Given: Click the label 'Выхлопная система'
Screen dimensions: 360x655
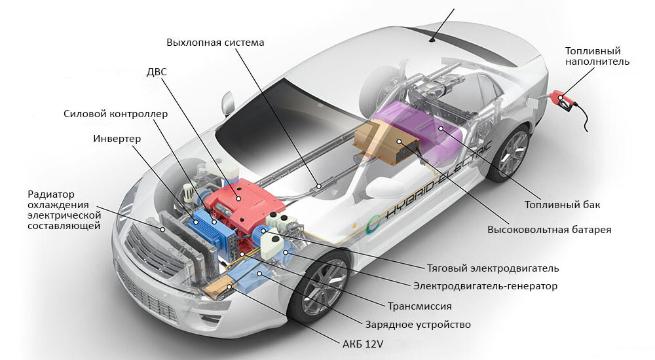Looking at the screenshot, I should (x=215, y=43).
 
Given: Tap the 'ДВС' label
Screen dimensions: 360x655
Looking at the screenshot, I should (x=157, y=71).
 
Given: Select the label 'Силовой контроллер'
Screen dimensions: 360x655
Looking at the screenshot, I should (x=115, y=114).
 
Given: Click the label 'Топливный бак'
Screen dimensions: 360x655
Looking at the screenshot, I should (x=562, y=205).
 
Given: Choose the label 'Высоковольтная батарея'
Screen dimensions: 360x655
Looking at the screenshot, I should (x=549, y=230).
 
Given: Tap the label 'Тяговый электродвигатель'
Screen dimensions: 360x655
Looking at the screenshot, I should (x=493, y=268).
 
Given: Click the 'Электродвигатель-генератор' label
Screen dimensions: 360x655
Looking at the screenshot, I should (x=485, y=286).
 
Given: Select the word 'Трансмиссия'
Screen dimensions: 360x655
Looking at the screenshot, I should (x=420, y=306).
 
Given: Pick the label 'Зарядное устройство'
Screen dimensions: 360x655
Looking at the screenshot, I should (x=417, y=324).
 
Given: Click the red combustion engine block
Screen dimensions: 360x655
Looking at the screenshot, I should (x=239, y=196).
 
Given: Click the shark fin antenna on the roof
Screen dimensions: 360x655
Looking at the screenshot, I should (x=432, y=40).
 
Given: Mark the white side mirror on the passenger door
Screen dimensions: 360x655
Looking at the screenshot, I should (x=383, y=188).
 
